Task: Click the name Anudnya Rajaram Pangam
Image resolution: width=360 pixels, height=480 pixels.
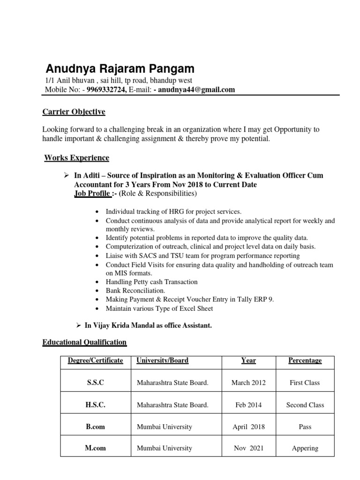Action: coord(120,69)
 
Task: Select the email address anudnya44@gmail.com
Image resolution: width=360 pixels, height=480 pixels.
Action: coord(196,90)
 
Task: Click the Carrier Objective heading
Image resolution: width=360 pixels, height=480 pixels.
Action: coord(74,112)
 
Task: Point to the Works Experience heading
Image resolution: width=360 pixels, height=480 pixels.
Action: coord(76,157)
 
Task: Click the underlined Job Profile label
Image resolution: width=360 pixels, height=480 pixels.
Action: coord(92,194)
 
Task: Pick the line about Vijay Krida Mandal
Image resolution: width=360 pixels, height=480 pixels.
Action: coord(148,325)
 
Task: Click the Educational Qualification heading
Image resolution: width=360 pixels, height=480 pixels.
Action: coord(84,342)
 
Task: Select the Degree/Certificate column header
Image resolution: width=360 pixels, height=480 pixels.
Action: coord(95,360)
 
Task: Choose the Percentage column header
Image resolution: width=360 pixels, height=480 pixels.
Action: coord(305,360)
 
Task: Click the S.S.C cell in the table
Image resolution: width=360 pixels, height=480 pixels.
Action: coord(95,382)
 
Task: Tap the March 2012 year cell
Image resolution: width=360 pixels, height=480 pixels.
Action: coord(248,382)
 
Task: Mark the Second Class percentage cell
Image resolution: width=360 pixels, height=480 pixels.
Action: coord(305,405)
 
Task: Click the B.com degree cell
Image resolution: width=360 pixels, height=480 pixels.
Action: coord(95,427)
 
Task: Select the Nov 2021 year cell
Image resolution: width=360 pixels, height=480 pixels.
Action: coord(248,448)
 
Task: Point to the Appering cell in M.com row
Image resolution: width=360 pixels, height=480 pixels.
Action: coord(305,448)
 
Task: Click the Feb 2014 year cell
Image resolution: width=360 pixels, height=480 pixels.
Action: coord(248,405)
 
